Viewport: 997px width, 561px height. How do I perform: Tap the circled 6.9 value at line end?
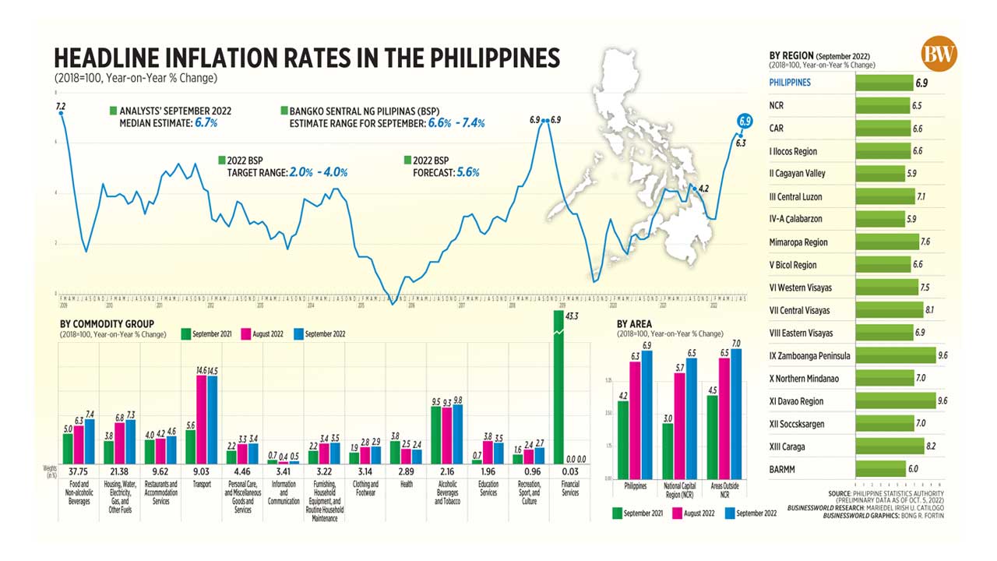point(745,121)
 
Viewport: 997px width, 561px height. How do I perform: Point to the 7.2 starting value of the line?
point(60,105)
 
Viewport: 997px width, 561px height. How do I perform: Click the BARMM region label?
point(782,469)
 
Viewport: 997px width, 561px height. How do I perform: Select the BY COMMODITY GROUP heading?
point(107,323)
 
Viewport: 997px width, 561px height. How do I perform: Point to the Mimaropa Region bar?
point(883,242)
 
